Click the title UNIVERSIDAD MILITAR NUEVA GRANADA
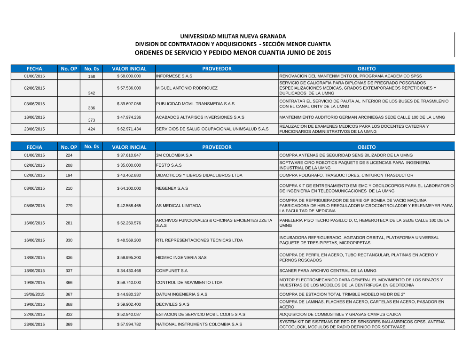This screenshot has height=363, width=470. (233, 36)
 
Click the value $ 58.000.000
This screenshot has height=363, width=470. (129, 76)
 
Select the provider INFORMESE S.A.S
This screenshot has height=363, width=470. (174, 76)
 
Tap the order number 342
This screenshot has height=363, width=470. (92, 93)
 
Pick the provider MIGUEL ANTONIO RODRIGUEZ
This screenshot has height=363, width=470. (187, 88)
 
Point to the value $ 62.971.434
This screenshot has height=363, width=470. (129, 129)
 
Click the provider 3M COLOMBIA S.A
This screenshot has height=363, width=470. (174, 155)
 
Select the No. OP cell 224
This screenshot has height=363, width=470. (69, 155)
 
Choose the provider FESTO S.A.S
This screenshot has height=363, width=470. (169, 165)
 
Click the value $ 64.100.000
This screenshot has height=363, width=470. (129, 188)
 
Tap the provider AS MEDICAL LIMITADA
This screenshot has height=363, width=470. (179, 206)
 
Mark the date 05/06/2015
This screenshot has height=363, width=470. (34, 206)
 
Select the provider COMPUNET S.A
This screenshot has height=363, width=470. (172, 271)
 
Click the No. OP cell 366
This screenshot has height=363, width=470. (69, 283)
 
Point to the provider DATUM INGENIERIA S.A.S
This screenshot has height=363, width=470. (181, 294)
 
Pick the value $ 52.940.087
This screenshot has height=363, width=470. (129, 314)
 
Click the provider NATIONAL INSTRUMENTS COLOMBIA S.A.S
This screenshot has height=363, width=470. (199, 324)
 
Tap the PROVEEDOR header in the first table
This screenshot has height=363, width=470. (217, 69)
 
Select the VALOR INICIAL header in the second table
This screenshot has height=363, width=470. (129, 147)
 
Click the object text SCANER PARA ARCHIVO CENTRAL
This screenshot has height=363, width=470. (328, 271)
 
